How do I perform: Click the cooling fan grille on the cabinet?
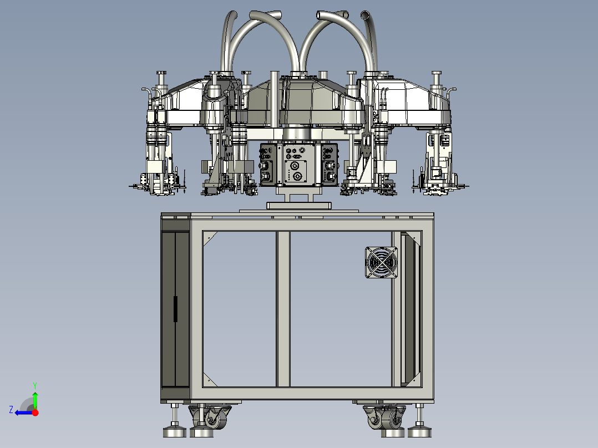(381, 262)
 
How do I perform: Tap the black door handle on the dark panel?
(175, 309)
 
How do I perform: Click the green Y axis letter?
(35, 385)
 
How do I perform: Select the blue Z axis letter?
(11, 410)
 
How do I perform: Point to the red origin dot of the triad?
(35, 413)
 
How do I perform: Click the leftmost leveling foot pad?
(174, 432)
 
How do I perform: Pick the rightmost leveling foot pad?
(419, 432)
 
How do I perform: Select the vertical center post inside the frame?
(282, 309)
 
